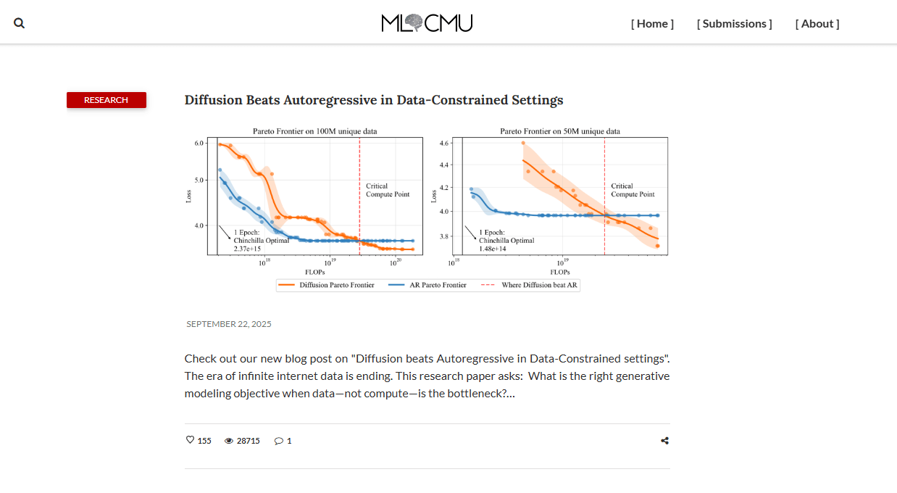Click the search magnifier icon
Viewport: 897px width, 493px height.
pyautogui.click(x=20, y=23)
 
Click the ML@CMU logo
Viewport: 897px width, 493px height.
pyautogui.click(x=427, y=23)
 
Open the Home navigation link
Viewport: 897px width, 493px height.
pyautogui.click(x=652, y=23)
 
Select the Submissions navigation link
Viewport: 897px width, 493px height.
pyautogui.click(x=734, y=23)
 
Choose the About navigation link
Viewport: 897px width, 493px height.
pyautogui.click(x=817, y=23)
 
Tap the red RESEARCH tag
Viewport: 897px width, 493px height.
pyautogui.click(x=107, y=100)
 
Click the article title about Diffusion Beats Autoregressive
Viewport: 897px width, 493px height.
pyautogui.click(x=373, y=100)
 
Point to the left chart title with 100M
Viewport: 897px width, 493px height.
pyautogui.click(x=314, y=131)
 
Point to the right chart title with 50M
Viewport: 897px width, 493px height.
pyautogui.click(x=559, y=131)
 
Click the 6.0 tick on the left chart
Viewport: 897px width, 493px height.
pyautogui.click(x=199, y=144)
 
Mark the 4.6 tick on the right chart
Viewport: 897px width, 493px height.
pyautogui.click(x=445, y=144)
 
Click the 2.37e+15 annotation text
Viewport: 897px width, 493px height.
pyautogui.click(x=248, y=249)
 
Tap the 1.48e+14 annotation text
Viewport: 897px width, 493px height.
pyautogui.click(x=493, y=249)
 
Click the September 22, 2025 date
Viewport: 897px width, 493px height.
pyautogui.click(x=229, y=324)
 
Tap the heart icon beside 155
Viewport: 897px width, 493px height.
pyautogui.click(x=191, y=440)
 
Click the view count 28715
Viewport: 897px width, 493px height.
pyautogui.click(x=248, y=441)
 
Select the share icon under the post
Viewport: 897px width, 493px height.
pyautogui.click(x=664, y=441)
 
